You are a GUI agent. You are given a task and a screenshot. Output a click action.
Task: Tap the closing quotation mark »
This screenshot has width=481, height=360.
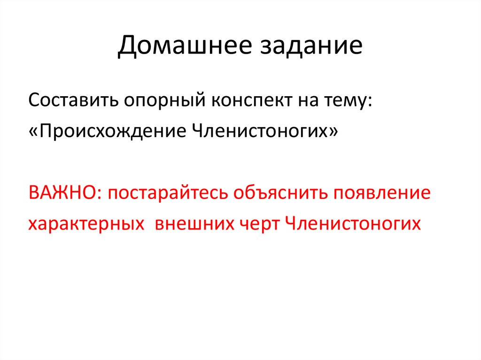tap(333, 131)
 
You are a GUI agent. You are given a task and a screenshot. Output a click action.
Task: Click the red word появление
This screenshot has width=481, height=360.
tap(382, 193)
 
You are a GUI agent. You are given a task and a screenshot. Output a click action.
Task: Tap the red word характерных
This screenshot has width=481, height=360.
tap(86, 224)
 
